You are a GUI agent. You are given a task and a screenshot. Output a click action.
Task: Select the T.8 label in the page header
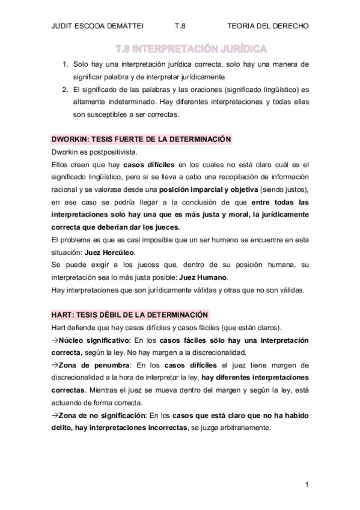(180, 26)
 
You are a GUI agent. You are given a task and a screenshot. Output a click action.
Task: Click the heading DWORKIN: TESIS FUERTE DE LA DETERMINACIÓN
(141, 139)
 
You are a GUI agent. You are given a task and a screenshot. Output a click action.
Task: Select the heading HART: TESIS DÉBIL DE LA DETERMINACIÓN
(129, 315)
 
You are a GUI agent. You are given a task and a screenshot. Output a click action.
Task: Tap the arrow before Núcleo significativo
(55, 340)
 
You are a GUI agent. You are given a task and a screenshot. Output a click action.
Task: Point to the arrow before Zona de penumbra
(55, 365)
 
